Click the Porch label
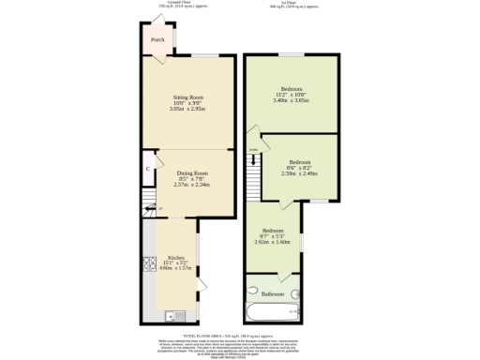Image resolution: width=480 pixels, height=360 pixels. click(x=157, y=40)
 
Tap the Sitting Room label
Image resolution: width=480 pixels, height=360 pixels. click(x=188, y=97)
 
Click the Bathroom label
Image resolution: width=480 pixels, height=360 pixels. click(x=273, y=294)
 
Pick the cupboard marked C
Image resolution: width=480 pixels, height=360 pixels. click(x=149, y=169)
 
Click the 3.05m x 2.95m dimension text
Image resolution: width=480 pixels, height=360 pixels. click(x=188, y=110)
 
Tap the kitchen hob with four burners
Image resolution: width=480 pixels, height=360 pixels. click(x=149, y=263)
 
